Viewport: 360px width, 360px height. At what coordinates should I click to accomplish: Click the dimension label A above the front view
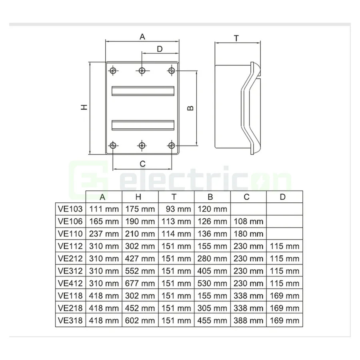click(142, 37)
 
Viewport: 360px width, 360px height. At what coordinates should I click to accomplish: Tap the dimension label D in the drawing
click(160, 49)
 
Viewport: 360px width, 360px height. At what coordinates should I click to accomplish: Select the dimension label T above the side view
click(236, 38)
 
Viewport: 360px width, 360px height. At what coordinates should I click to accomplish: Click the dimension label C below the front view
click(142, 163)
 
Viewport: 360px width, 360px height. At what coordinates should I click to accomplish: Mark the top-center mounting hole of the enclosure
click(142, 71)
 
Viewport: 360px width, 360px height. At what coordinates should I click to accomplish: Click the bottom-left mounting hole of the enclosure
click(113, 145)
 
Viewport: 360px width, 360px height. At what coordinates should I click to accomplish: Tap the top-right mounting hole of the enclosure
click(171, 71)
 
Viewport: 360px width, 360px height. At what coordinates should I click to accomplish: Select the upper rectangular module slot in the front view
click(142, 91)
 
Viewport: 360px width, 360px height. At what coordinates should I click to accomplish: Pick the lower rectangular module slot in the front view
click(142, 125)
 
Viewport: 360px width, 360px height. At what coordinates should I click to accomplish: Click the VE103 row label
click(70, 209)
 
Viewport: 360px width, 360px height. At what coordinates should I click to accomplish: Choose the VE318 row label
click(70, 320)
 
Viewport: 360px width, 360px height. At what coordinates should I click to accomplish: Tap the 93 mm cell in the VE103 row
click(176, 209)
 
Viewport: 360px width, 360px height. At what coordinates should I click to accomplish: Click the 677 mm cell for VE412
click(140, 283)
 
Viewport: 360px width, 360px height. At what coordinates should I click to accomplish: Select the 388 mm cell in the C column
click(248, 320)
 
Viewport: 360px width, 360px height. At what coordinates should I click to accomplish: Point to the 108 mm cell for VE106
click(248, 221)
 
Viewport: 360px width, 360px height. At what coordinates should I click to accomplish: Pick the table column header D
click(283, 197)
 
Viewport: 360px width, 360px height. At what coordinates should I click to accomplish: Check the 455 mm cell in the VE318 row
click(212, 320)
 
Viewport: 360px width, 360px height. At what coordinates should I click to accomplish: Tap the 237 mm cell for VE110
click(104, 234)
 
